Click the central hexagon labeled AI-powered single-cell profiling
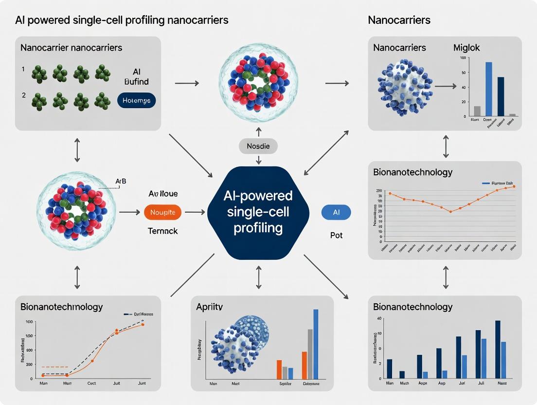(258, 212)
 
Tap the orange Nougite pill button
(163, 212)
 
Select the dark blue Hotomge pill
(137, 101)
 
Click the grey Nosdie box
(258, 146)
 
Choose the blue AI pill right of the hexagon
(336, 212)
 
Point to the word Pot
(336, 235)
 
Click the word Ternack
(162, 231)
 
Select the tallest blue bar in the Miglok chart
(488, 89)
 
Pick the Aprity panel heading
(209, 307)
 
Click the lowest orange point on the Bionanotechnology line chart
(450, 211)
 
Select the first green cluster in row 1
(39, 74)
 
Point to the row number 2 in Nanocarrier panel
(23, 95)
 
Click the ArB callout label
(120, 182)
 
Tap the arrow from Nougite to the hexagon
(195, 212)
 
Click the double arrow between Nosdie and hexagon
(258, 159)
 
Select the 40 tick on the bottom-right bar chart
(379, 318)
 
